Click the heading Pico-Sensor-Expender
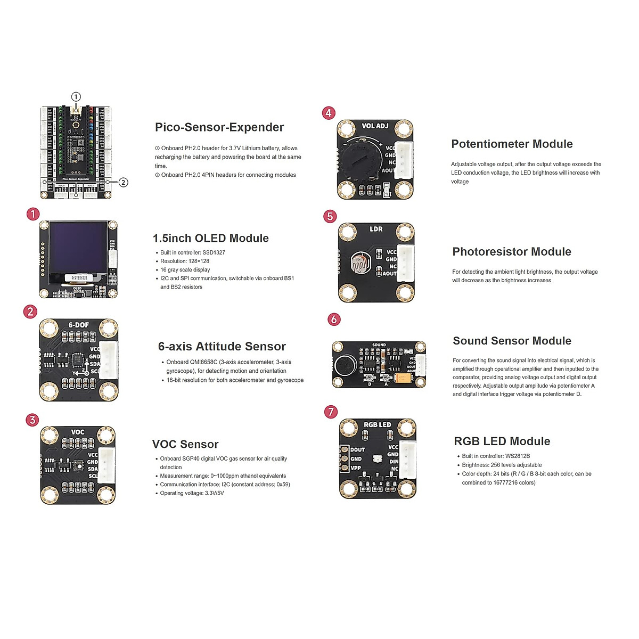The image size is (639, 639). point(219,127)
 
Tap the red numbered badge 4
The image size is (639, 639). point(329,113)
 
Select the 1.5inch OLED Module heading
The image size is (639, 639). point(210,239)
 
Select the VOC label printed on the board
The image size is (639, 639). point(78,432)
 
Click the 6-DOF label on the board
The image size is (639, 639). point(79,325)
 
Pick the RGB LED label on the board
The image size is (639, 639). point(377,425)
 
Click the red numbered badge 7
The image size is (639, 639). point(331,412)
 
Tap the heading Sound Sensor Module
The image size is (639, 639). point(512,341)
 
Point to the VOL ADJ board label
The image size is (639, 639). point(375,126)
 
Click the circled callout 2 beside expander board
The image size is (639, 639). point(124,182)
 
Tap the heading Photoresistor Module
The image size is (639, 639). point(511,252)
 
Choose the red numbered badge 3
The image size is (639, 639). point(32,420)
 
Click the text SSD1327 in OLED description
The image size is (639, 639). point(214,253)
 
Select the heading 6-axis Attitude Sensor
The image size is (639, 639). point(222,347)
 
